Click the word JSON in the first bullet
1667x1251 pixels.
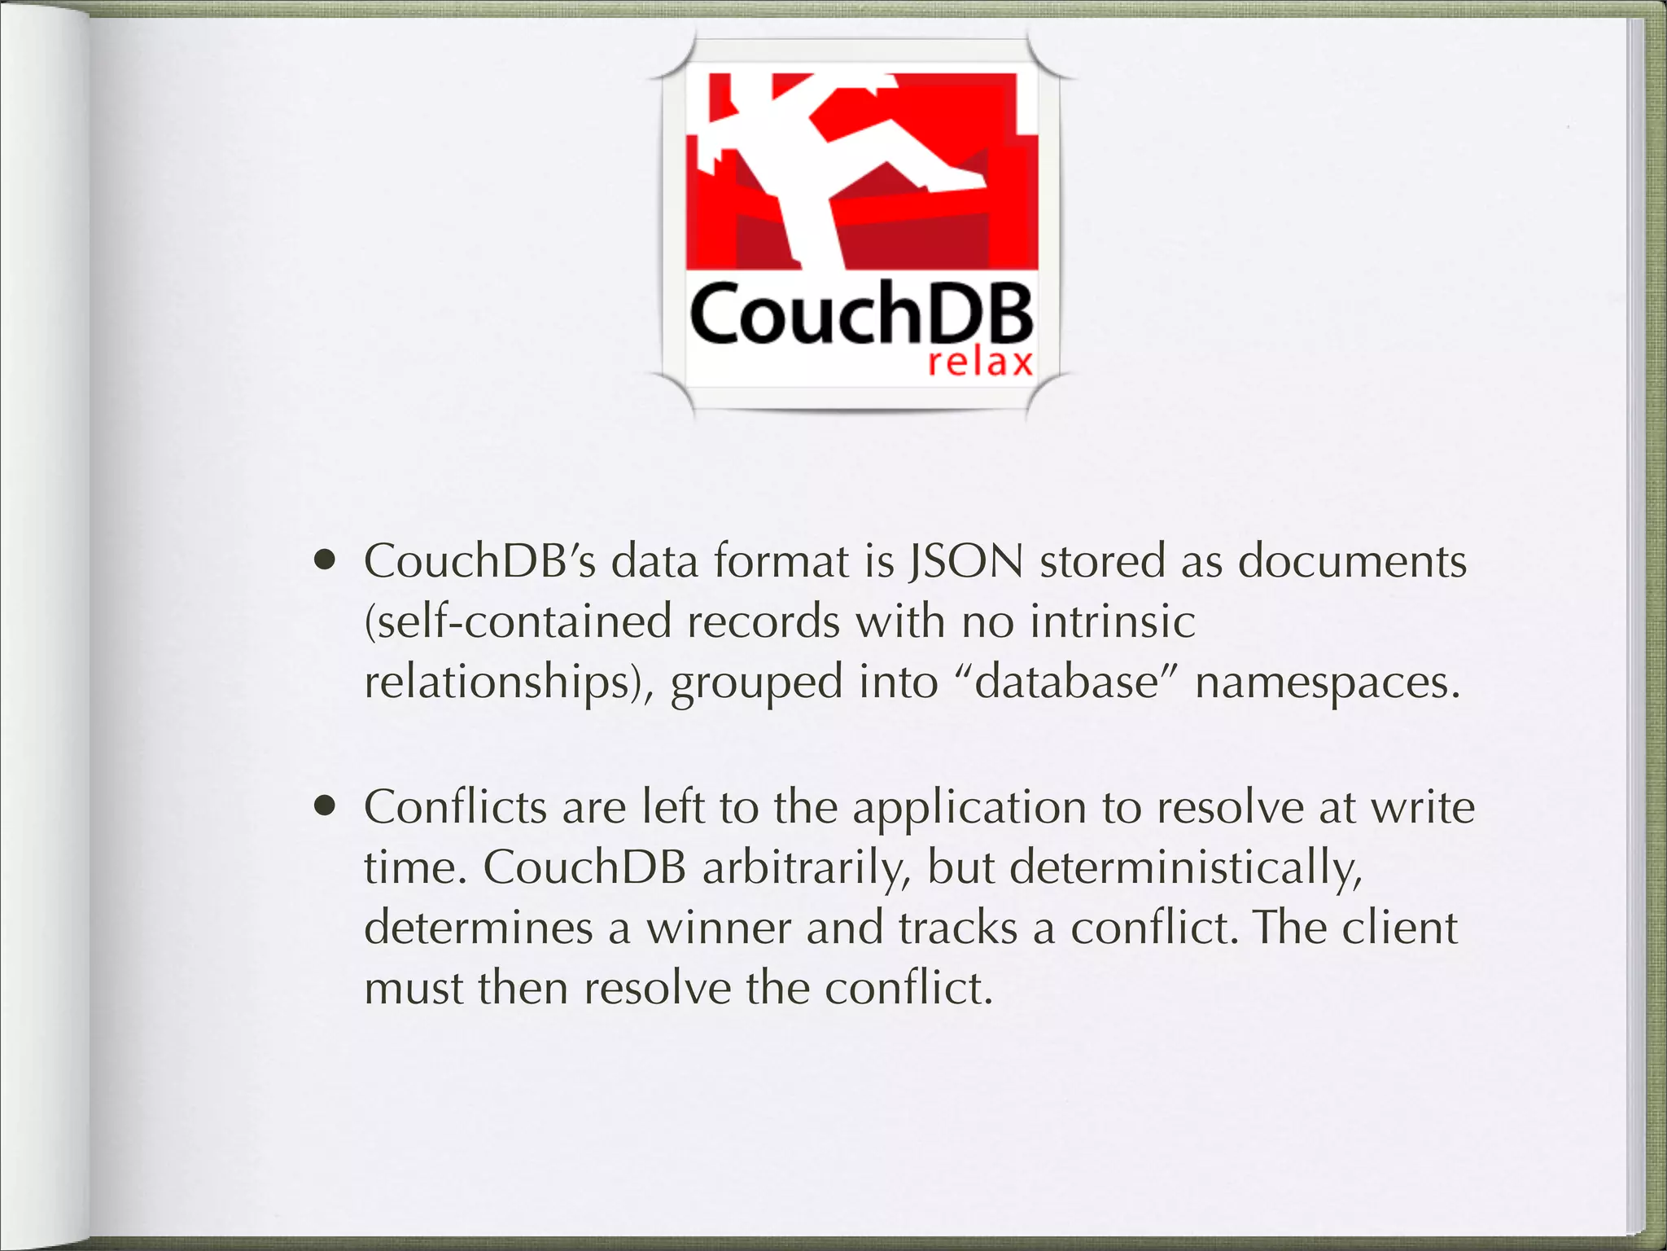click(x=965, y=561)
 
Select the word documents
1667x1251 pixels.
click(x=1352, y=561)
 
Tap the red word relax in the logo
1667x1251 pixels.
click(x=980, y=362)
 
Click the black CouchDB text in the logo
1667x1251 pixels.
click(x=860, y=314)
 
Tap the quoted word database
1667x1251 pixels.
click(x=1066, y=682)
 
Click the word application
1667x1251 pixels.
click(x=969, y=808)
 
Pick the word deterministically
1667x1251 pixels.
click(x=1185, y=867)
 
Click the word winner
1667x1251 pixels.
click(x=718, y=928)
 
